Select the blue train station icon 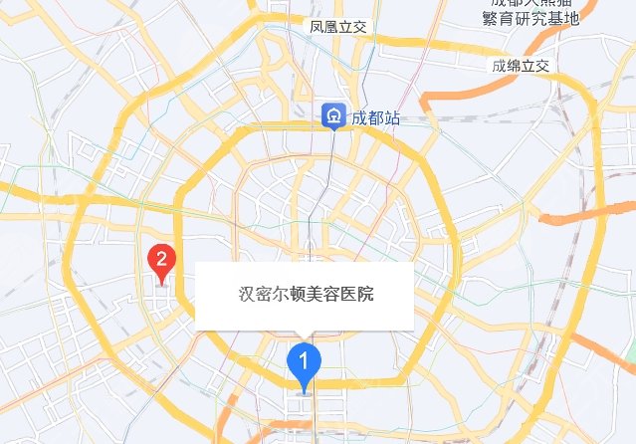click(331, 117)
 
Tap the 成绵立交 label click(520, 66)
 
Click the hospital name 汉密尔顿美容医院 click(306, 295)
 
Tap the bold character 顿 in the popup click(296, 295)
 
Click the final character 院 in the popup click(365, 295)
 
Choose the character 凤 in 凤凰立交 click(316, 26)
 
